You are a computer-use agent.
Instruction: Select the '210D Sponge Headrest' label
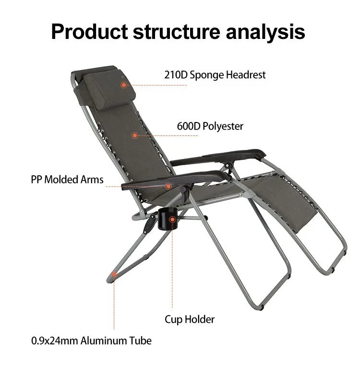pyautogui.click(x=215, y=75)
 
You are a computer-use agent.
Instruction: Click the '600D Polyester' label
pyautogui.click(x=210, y=126)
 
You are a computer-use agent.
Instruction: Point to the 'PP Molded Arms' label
pyautogui.click(x=67, y=180)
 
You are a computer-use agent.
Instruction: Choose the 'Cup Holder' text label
pyautogui.click(x=190, y=319)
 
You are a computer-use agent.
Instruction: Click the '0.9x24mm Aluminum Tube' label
pyautogui.click(x=91, y=341)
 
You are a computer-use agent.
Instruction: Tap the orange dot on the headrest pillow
pyautogui.click(x=123, y=85)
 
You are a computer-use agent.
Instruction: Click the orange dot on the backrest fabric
pyautogui.click(x=135, y=135)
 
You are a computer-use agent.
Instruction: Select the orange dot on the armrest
pyautogui.click(x=168, y=186)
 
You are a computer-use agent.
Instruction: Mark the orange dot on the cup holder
pyautogui.click(x=172, y=220)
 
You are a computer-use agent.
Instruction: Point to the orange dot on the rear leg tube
pyautogui.click(x=114, y=274)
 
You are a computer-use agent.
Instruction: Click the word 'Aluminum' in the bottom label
pyautogui.click(x=104, y=341)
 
